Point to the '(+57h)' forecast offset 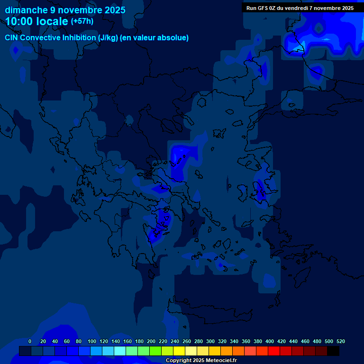(82, 21)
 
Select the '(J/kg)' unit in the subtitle (109, 38)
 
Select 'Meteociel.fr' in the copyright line (221, 361)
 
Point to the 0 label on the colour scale (30, 342)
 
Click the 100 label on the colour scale (91, 342)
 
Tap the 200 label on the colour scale (151, 342)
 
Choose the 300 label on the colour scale (210, 342)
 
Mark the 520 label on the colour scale (341, 342)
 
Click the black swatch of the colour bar (333, 351)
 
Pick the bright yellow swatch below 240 (179, 351)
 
